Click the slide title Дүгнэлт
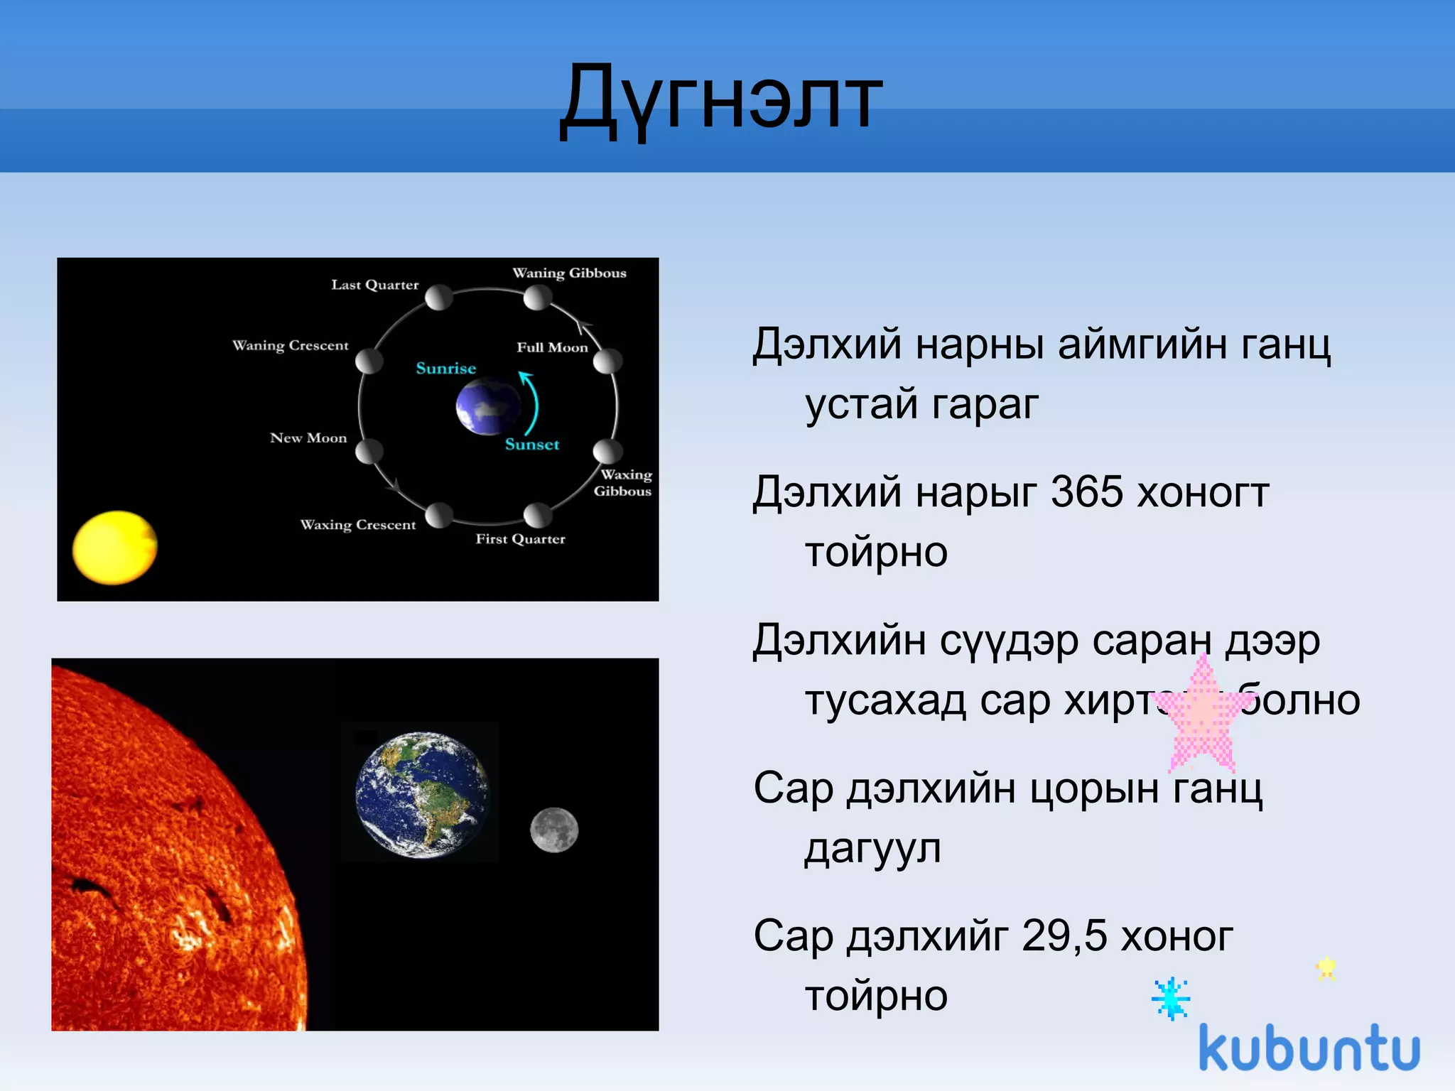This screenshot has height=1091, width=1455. coord(720,99)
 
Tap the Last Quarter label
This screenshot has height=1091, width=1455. coord(375,285)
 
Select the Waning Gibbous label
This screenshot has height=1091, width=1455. coord(569,273)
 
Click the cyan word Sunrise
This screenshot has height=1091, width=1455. coord(445,368)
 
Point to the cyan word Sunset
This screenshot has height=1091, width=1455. coord(532,445)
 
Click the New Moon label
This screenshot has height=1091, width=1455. coord(308,438)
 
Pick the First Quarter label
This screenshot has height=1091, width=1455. coord(520,539)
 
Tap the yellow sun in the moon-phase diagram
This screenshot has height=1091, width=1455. coord(114,548)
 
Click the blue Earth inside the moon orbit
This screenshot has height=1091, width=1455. coord(488,406)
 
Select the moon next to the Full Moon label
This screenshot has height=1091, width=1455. coord(607,361)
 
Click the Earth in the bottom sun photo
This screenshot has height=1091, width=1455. coord(422,794)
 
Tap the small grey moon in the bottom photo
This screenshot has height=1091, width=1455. coord(554,830)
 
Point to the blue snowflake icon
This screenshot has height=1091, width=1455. coord(1170,999)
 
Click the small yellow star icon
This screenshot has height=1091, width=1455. coord(1326,968)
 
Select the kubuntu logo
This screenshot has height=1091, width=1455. coord(1309,1048)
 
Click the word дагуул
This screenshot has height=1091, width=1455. coord(872,848)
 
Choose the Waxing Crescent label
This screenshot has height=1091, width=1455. coord(357,525)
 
